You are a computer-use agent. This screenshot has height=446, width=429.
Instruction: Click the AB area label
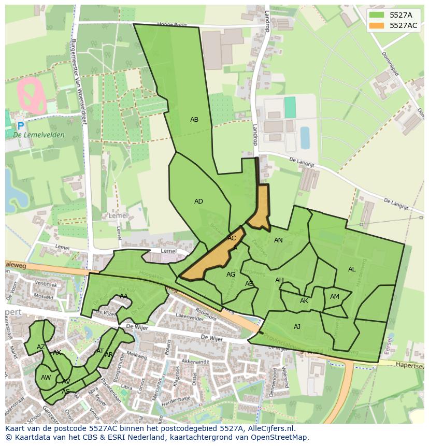pos(194,120)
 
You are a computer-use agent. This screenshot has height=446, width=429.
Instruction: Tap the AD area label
pos(198,202)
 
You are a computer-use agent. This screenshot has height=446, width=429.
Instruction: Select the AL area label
pos(352,269)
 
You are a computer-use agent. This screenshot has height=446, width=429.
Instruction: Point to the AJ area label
pos(297,327)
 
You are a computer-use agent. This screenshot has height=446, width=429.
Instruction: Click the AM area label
pos(335,297)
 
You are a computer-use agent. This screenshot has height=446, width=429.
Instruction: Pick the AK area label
pos(304,301)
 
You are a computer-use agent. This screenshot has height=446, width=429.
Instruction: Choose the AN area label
pos(278,240)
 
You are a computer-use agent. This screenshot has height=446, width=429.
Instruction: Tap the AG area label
pos(231,275)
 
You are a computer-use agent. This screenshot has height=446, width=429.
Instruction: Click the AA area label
pos(124,296)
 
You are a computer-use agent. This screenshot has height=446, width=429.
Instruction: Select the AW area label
pos(46,378)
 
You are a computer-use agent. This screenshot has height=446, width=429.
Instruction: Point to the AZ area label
pos(41,347)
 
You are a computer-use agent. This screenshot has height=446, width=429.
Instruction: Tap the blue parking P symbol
pos(20,126)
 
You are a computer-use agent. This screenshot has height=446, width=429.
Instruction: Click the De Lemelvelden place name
pos(39,135)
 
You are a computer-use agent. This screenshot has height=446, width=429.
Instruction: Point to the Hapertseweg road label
pos(409,365)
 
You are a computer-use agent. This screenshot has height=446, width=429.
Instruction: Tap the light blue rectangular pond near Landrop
pos(305,137)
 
